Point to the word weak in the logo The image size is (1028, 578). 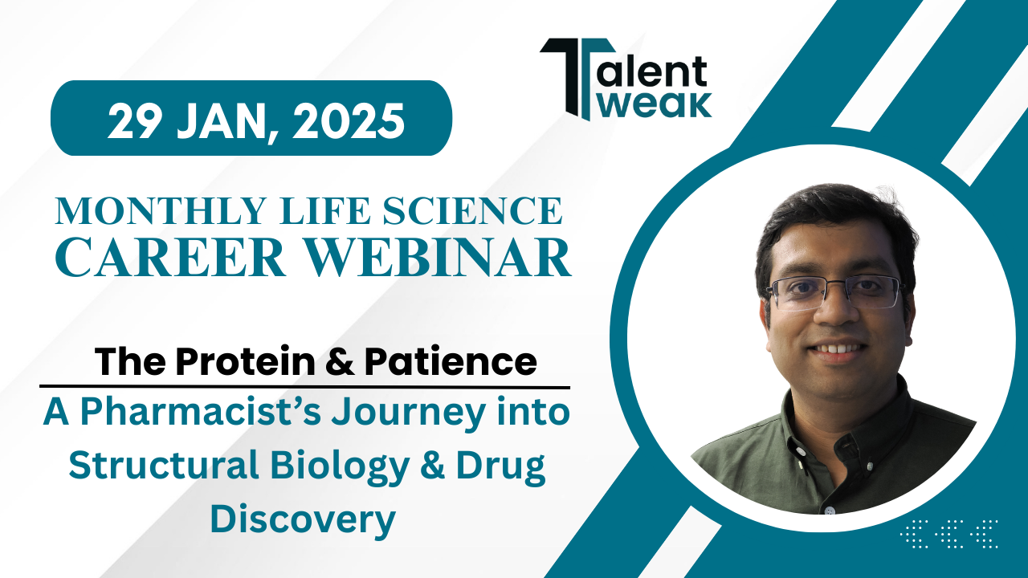pos(656,105)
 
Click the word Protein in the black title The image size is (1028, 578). pos(246,361)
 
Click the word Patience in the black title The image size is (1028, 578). pos(451,361)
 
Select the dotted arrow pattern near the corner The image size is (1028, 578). pos(949,534)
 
